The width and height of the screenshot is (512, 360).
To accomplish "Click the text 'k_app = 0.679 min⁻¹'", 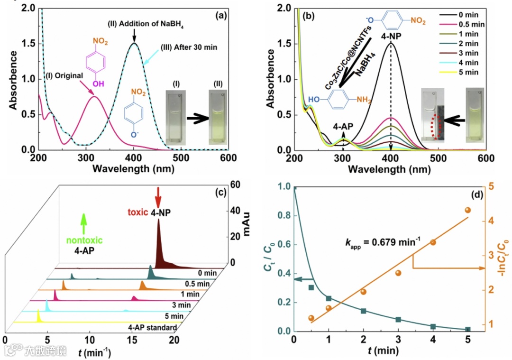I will click(x=383, y=242).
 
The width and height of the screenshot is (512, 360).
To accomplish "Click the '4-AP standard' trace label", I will click(x=152, y=327).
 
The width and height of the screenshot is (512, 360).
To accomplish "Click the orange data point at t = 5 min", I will click(x=467, y=210).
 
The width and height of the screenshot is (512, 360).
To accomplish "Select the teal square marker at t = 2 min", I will click(x=364, y=311).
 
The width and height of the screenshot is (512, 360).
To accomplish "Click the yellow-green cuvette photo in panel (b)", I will click(x=475, y=115).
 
